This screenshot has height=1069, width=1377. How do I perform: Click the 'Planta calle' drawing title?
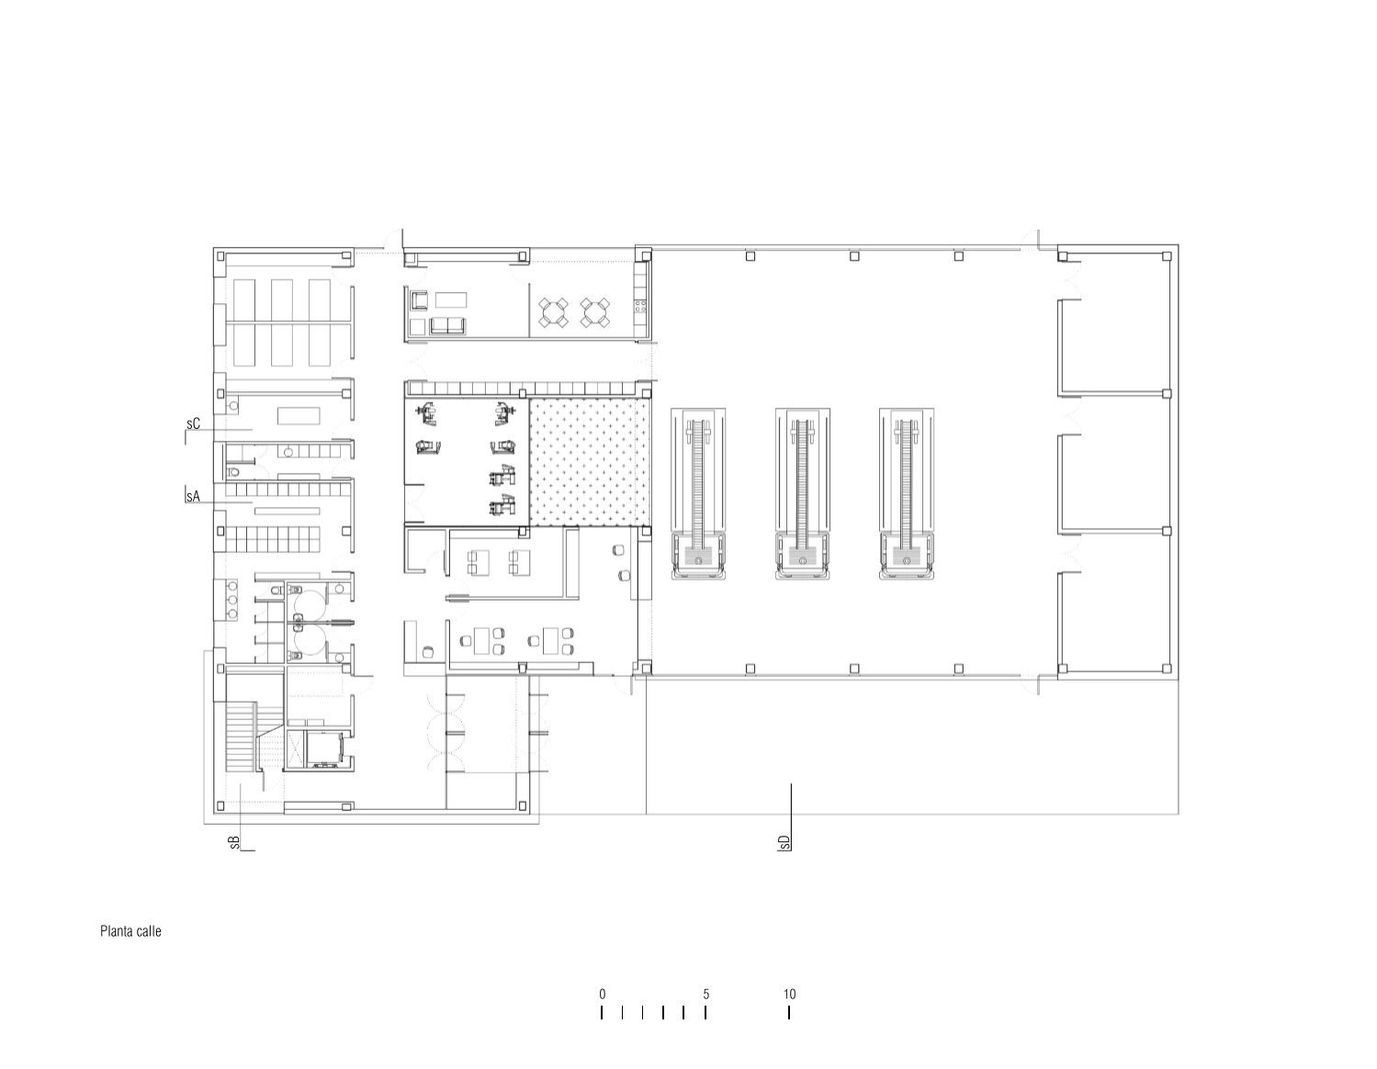click(130, 931)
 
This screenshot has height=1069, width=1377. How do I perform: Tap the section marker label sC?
click(193, 424)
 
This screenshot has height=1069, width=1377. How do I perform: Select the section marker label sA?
click(193, 496)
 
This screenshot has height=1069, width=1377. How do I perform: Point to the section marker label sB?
click(235, 842)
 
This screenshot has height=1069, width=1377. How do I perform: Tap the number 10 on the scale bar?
click(789, 994)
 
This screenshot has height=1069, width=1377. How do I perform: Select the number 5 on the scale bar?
click(705, 994)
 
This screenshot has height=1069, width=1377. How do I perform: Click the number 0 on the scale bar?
click(602, 994)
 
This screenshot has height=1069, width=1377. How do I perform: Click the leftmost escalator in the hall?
click(698, 494)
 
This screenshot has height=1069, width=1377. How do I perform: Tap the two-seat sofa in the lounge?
click(447, 325)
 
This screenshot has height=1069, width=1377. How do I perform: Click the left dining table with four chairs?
click(554, 313)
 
